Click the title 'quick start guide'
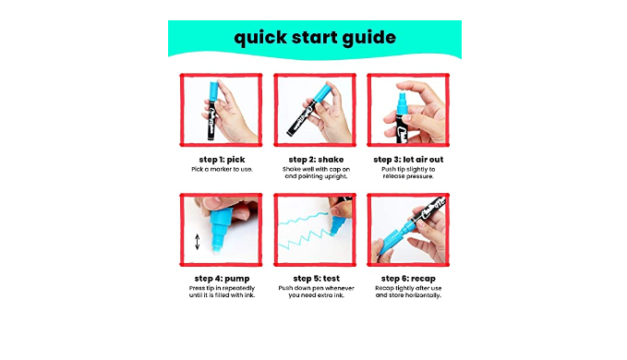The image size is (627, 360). tap(315, 38)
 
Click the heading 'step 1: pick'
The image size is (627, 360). tap(222, 160)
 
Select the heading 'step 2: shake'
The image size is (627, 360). tap(316, 160)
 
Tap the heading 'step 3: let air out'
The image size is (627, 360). tap(408, 160)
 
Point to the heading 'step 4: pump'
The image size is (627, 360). tap(222, 279)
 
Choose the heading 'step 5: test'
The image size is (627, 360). tap(316, 278)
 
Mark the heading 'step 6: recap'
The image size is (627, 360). tap(408, 279)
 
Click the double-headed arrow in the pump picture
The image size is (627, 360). tap(197, 242)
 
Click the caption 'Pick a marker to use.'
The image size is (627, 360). tap(222, 170)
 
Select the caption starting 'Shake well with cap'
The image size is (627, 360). tap(316, 173)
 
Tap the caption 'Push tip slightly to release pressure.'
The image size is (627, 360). tap(408, 173)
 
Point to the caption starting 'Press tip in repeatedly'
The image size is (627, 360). tap(222, 292)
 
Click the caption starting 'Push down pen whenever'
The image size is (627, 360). tap(316, 292)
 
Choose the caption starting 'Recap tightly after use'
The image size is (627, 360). tap(408, 292)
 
